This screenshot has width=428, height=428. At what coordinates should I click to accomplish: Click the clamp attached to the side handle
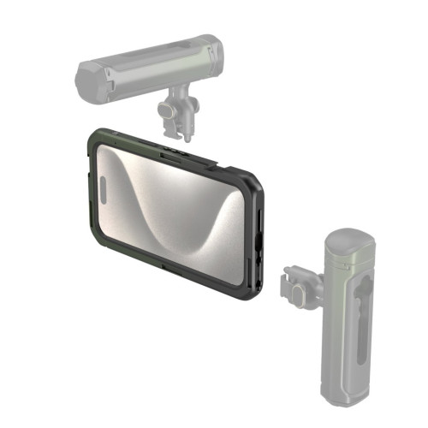click(x=299, y=283)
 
